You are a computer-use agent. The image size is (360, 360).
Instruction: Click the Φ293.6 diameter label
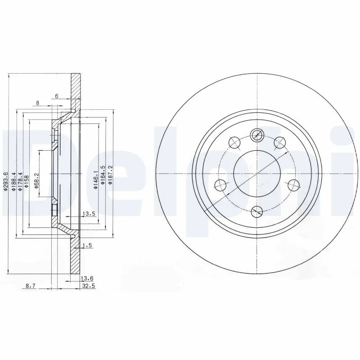pyautogui.click(x=5, y=182)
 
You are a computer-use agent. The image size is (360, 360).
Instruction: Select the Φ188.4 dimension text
pyautogui.click(x=14, y=182)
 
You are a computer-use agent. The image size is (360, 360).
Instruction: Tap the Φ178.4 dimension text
pyautogui.click(x=21, y=182)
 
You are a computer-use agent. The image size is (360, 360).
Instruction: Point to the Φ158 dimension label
pyautogui.click(x=27, y=184)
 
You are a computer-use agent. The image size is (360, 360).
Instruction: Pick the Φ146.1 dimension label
pyautogui.click(x=95, y=180)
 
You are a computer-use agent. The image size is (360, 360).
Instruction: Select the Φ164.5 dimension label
pyautogui.click(x=103, y=180)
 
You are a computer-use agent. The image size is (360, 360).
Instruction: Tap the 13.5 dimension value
pyautogui.click(x=89, y=214)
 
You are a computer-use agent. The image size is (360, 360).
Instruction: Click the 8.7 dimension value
pyautogui.click(x=31, y=286)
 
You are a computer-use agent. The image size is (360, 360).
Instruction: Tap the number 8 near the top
pyautogui.click(x=38, y=103)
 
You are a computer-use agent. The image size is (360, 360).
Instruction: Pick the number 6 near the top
pyautogui.click(x=56, y=96)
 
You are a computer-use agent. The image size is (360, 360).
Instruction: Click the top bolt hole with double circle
pyautogui.click(x=256, y=134)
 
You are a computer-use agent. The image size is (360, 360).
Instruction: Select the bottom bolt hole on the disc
pyautogui.click(x=256, y=211)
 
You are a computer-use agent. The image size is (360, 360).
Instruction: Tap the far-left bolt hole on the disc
pyautogui.click(x=220, y=184)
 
